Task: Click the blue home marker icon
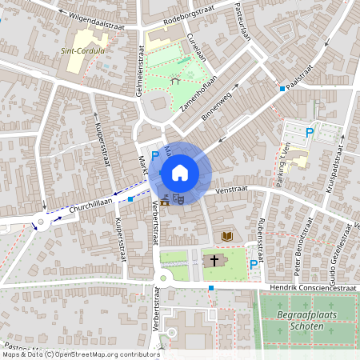coord(180,172)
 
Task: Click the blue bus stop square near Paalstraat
coord(282,89)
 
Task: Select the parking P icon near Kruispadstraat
coord(309,131)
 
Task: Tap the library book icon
coord(228,236)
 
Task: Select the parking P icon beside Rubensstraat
coord(254,264)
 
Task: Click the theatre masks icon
coord(179,196)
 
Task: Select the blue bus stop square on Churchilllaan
coord(130,198)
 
